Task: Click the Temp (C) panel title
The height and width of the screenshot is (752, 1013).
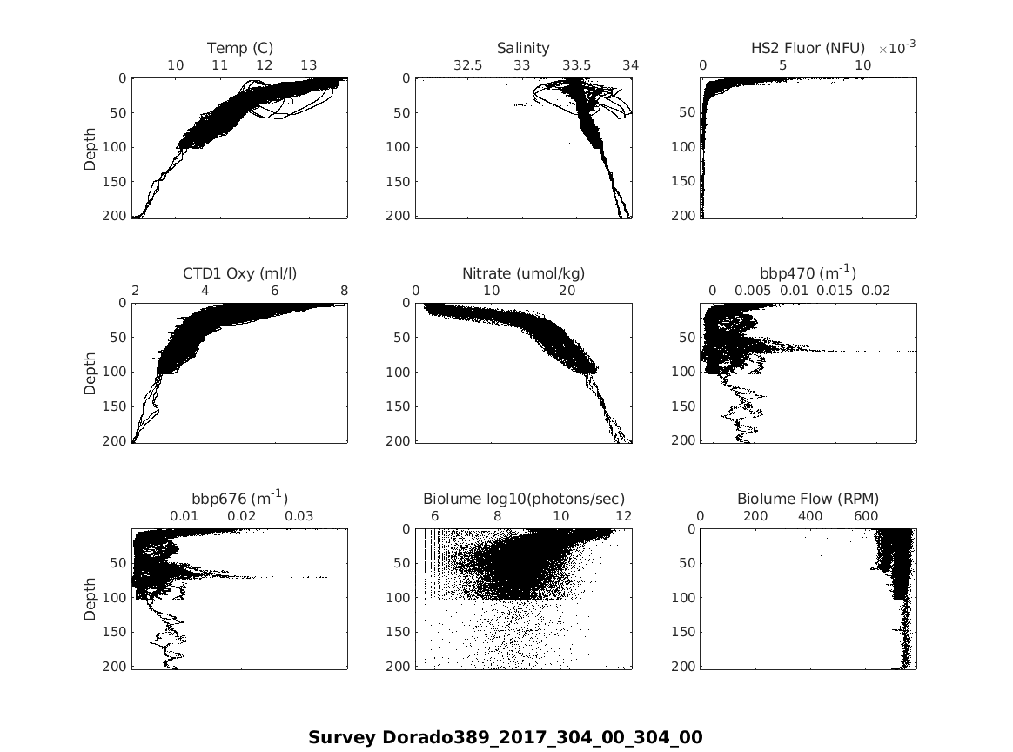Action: (239, 48)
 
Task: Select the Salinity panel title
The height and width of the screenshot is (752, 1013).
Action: (523, 48)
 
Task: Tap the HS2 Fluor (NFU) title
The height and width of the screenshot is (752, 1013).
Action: (808, 48)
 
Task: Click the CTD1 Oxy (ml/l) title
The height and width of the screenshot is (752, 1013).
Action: (239, 273)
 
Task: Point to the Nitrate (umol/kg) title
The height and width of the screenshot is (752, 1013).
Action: (523, 273)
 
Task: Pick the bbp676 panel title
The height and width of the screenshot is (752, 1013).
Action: (239, 498)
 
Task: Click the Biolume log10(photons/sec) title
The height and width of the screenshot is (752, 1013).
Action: (523, 499)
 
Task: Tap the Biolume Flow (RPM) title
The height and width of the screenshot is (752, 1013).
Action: (808, 499)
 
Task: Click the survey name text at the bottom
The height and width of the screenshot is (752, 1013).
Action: (505, 737)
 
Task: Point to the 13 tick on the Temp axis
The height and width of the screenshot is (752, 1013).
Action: (309, 65)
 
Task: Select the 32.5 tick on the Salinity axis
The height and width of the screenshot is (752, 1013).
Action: (467, 65)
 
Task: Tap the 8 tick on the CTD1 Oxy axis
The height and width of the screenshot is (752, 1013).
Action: (345, 291)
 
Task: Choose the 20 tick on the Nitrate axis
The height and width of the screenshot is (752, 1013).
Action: (567, 291)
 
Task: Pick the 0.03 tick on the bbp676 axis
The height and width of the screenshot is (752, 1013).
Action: (299, 515)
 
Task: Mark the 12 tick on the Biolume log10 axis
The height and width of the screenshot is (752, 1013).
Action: (623, 515)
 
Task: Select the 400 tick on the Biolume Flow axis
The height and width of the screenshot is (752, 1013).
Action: (810, 515)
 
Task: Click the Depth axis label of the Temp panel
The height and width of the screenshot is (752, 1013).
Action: (91, 147)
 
